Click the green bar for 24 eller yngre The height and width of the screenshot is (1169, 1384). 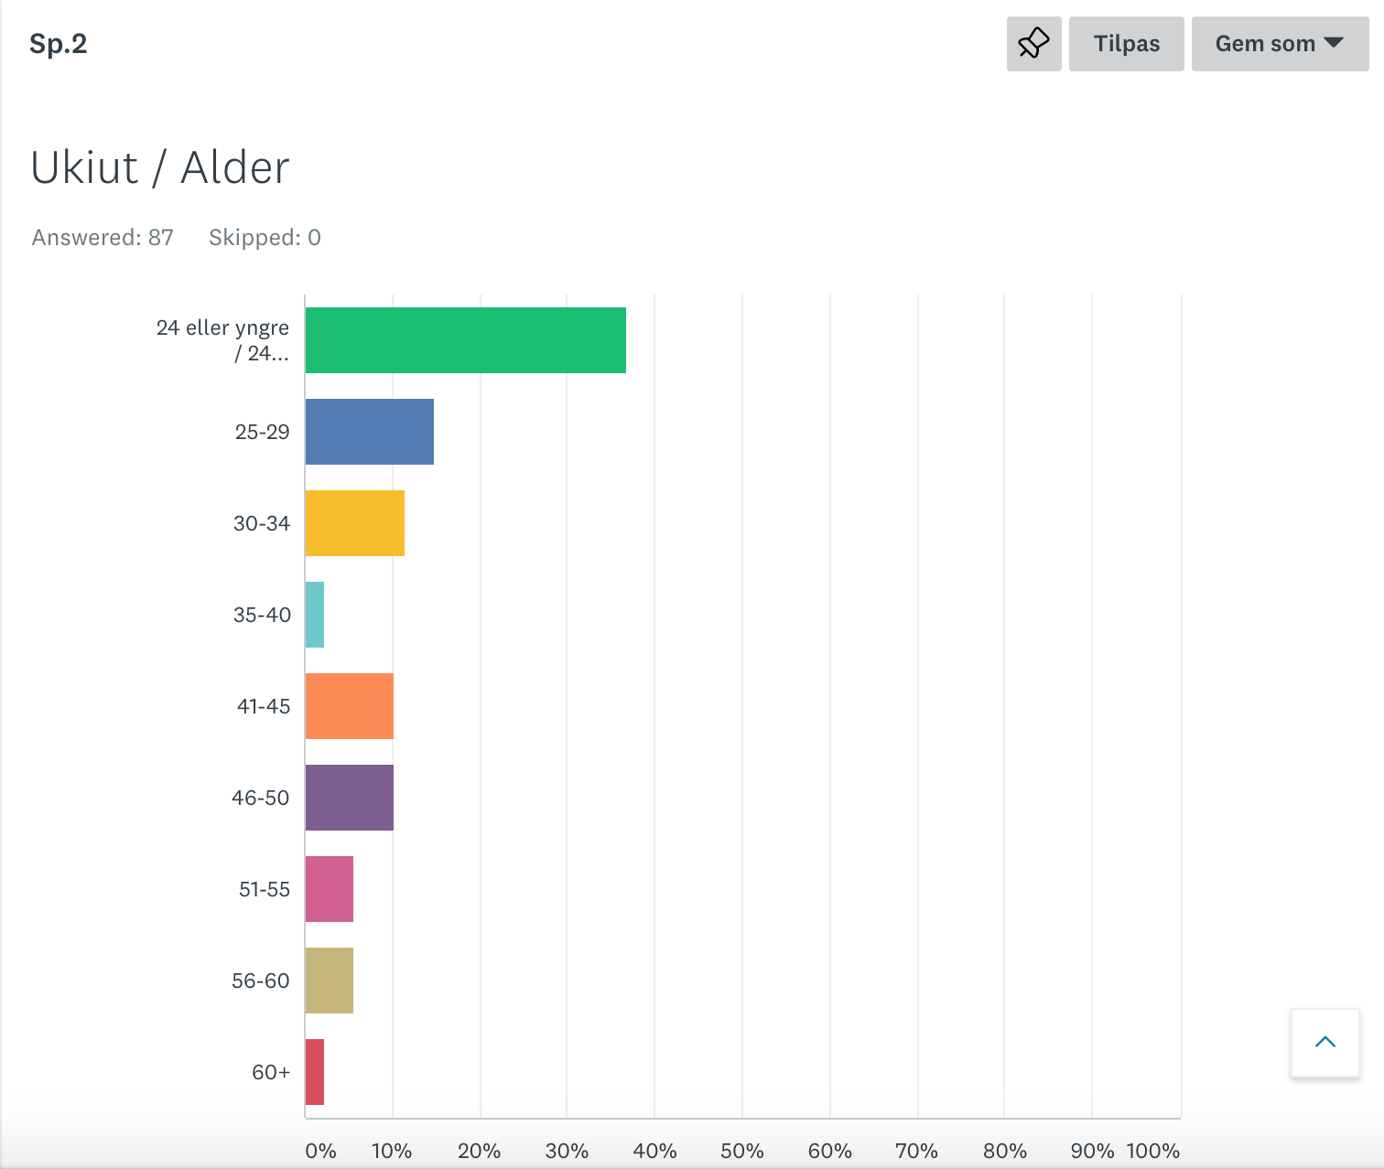pyautogui.click(x=465, y=340)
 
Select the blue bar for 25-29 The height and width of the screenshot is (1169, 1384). pyautogui.click(x=369, y=432)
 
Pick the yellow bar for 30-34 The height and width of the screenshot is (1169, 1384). pyautogui.click(x=354, y=523)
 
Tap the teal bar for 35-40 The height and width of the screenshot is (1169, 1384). pyautogui.click(x=315, y=615)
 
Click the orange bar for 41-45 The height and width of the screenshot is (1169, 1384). pyautogui.click(x=349, y=706)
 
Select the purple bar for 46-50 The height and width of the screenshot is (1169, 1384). pyautogui.click(x=349, y=798)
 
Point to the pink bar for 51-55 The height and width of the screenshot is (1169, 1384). pyautogui.click(x=329, y=889)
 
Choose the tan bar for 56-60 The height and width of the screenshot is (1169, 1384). pyautogui.click(x=329, y=981)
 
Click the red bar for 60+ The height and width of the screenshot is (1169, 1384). pyautogui.click(x=315, y=1072)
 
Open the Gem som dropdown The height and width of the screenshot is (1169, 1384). pyautogui.click(x=1279, y=44)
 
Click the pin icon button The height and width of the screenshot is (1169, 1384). pyautogui.click(x=1033, y=44)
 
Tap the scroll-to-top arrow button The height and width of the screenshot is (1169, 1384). pyautogui.click(x=1325, y=1043)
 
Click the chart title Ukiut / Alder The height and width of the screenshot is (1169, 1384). pyautogui.click(x=160, y=167)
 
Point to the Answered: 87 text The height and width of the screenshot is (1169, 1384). pyautogui.click(x=103, y=238)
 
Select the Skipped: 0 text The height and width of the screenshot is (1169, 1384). pyautogui.click(x=265, y=238)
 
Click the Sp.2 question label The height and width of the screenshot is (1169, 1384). pyautogui.click(x=58, y=44)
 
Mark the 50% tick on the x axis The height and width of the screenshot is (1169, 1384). pyautogui.click(x=741, y=1151)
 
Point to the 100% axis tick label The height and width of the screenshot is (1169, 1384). pyautogui.click(x=1152, y=1151)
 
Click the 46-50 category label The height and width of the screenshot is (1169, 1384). pyautogui.click(x=260, y=798)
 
